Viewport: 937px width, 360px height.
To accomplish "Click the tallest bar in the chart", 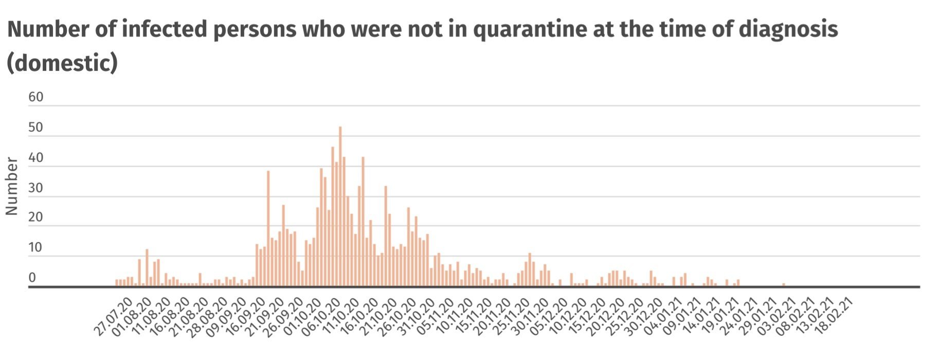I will click(340, 206).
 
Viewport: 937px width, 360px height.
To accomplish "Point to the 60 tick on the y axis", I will click(36, 97).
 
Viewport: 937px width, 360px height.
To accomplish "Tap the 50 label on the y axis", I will click(36, 128).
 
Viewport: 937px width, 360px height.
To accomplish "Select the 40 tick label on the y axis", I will click(36, 158).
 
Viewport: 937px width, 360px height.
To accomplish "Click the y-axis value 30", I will click(36, 188).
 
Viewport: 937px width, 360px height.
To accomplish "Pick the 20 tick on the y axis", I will click(36, 217).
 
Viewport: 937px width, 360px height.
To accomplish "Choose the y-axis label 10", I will click(36, 247).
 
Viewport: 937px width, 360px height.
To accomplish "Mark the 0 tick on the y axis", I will click(32, 278).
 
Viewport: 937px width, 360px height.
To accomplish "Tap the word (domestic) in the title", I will click(62, 63).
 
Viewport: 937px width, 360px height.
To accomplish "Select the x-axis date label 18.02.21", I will click(836, 317).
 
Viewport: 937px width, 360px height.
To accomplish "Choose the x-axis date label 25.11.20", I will click(510, 317).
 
